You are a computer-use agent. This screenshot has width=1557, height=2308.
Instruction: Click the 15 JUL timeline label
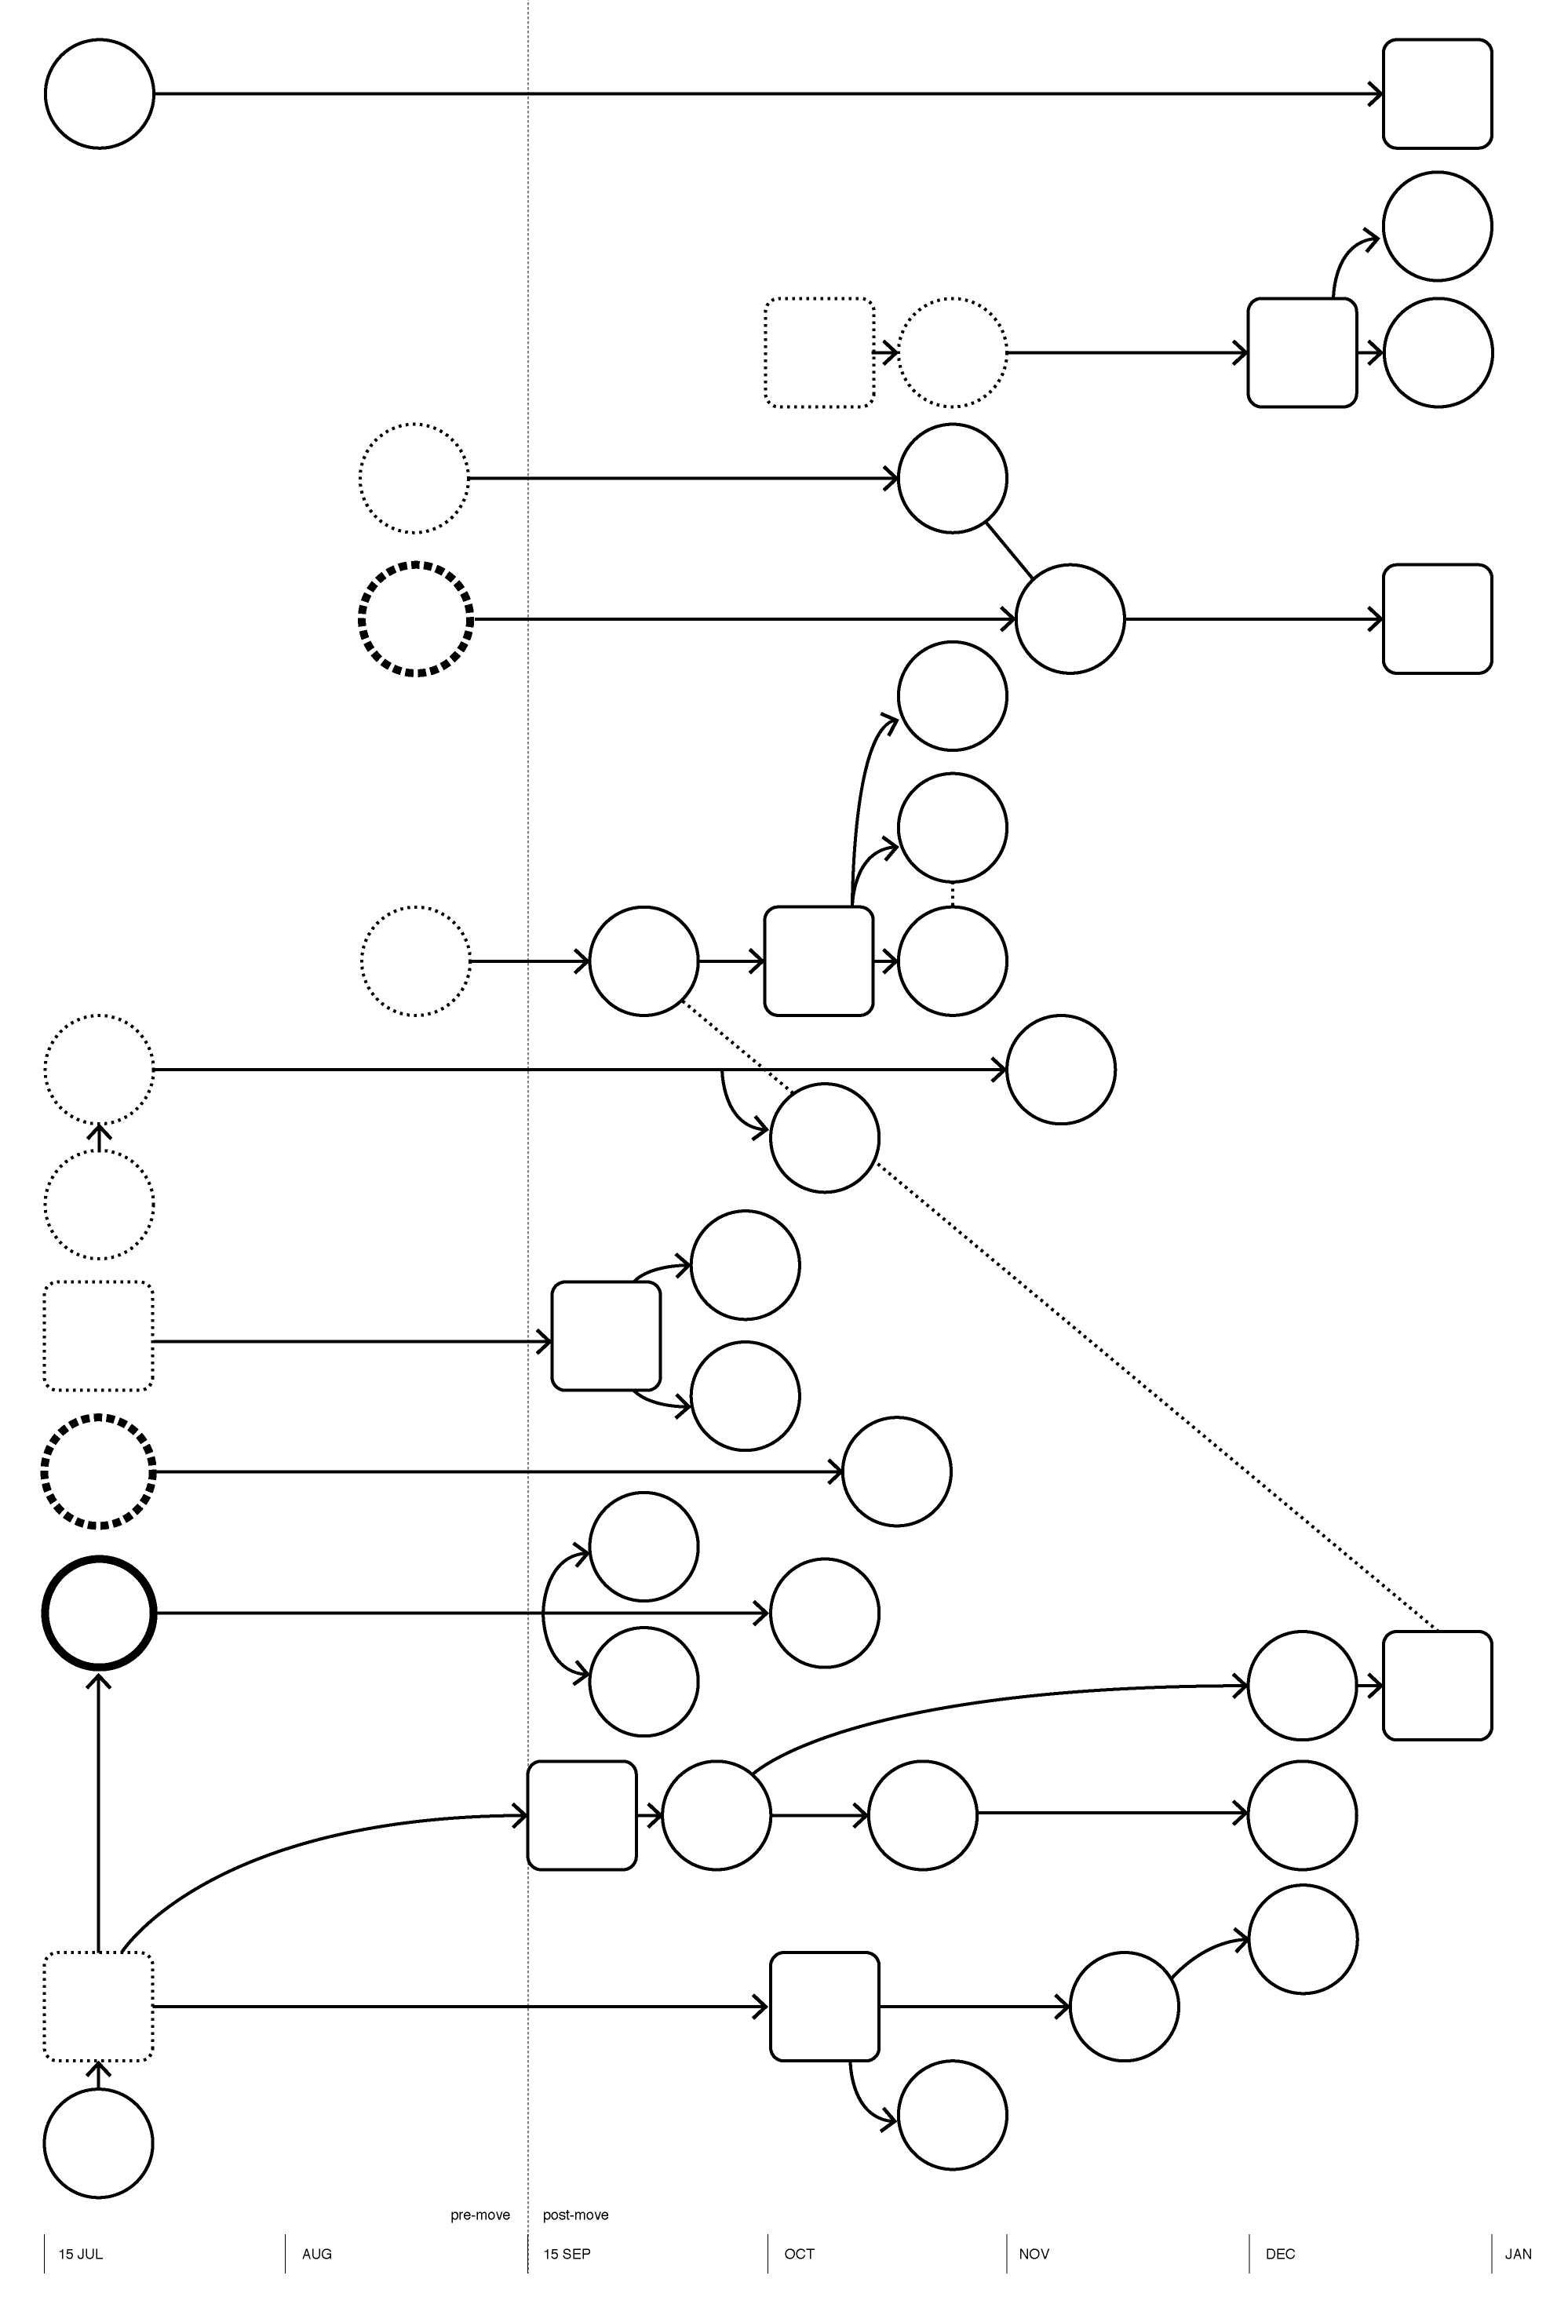pos(80,2255)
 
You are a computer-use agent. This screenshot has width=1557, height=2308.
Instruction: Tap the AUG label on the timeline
pos(317,2255)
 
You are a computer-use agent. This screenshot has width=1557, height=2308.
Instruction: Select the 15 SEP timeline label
pos(566,2255)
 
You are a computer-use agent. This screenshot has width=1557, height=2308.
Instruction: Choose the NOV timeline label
pos(1034,2255)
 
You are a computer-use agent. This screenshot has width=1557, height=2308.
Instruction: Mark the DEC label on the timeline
pos(1280,2255)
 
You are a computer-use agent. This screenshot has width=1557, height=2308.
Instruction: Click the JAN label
pos(1519,2255)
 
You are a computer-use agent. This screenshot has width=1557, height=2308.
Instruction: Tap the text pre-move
pos(479,2215)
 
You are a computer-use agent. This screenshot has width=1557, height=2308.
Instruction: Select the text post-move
pos(576,2215)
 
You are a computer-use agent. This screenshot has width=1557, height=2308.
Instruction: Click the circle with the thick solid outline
pos(98,1613)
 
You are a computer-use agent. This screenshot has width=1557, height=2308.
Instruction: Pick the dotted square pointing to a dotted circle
pos(819,352)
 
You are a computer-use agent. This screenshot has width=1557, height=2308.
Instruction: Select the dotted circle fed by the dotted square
pos(952,352)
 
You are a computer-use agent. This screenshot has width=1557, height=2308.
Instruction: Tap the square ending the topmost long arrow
pos(1437,94)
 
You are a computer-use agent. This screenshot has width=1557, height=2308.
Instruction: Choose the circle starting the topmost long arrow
pos(100,94)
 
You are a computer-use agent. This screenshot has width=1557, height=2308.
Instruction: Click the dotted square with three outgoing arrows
pos(98,2007)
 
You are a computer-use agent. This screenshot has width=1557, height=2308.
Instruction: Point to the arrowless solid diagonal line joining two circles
pos(1009,549)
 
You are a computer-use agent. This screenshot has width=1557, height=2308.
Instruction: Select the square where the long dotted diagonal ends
pos(1437,1686)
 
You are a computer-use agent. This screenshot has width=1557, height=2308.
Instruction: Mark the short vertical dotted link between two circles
pos(952,895)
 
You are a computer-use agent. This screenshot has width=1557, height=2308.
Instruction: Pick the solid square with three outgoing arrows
pos(819,961)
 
